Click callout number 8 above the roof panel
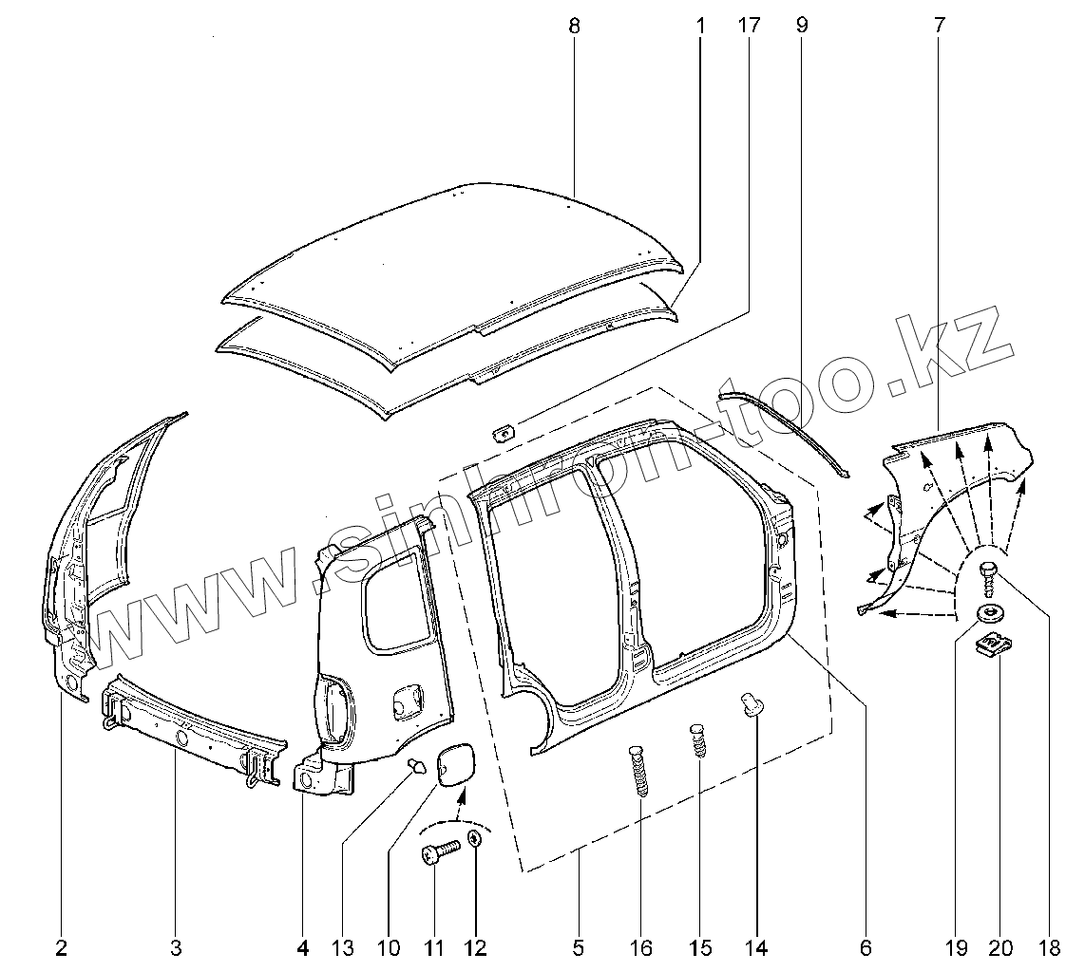coord(574,26)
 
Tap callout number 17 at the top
coord(749,26)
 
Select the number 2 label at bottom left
coord(62,946)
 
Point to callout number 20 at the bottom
coord(1000,946)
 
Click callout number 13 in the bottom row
coord(342,946)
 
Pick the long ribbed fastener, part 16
coord(640,774)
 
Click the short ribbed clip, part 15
coord(698,739)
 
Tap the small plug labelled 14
coord(751,705)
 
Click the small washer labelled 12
coord(476,841)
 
